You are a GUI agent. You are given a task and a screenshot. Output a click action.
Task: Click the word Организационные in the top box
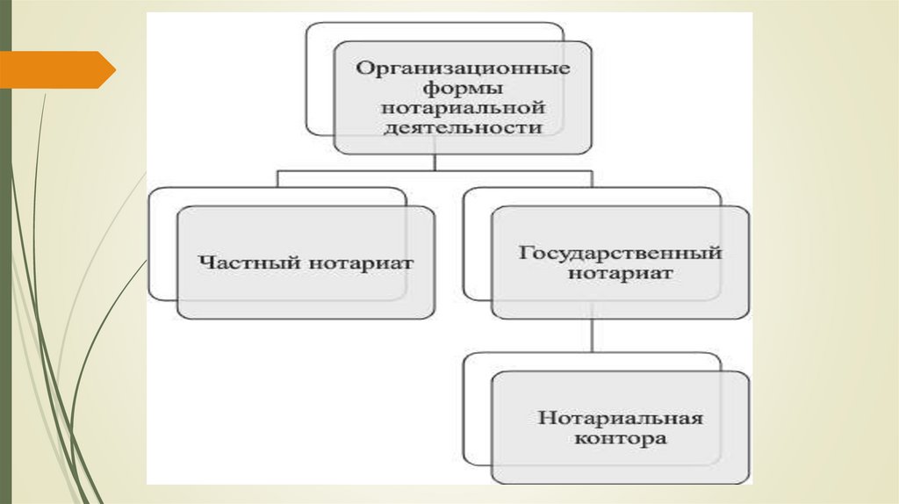[462, 68]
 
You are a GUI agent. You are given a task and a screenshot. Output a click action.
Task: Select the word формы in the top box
[462, 88]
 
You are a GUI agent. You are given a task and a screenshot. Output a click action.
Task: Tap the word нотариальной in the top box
[462, 108]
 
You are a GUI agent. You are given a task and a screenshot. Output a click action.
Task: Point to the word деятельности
[462, 128]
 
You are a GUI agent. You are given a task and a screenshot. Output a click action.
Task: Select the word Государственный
[620, 253]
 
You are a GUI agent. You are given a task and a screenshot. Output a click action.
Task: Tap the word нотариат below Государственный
[620, 273]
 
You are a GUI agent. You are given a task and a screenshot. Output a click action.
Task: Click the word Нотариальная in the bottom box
[620, 416]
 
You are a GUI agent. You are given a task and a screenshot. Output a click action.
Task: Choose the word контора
[620, 436]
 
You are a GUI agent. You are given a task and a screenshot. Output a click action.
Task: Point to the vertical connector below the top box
[435, 162]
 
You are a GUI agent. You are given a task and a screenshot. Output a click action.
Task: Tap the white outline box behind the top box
[320, 79]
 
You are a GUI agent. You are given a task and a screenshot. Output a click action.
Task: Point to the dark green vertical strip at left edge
[5, 263]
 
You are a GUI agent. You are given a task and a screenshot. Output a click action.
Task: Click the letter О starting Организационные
[361, 68]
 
